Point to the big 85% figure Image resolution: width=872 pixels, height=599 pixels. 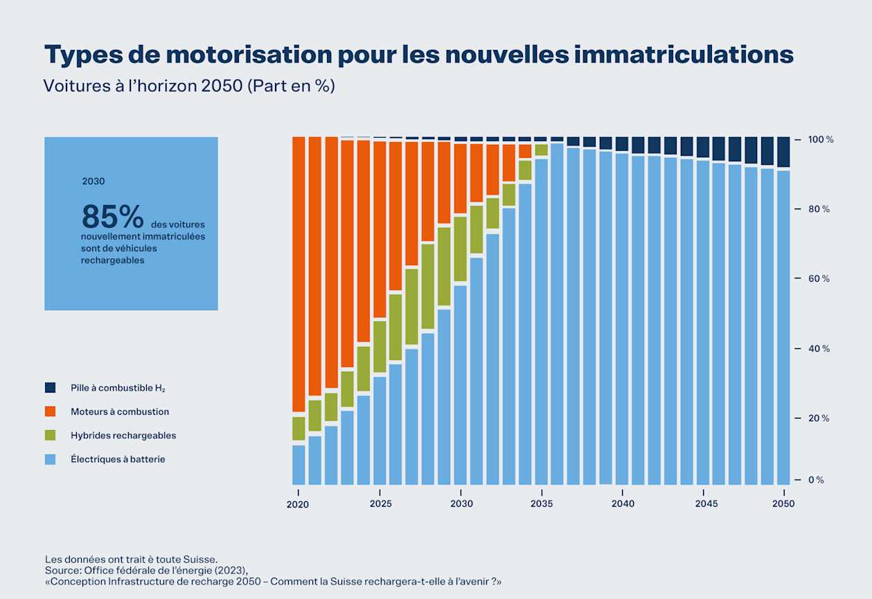112,217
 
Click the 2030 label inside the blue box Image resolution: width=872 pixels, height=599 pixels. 94,181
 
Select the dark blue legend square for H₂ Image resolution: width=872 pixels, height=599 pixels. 50,388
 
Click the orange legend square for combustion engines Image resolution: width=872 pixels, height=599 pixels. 50,411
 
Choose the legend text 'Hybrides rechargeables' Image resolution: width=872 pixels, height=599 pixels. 123,436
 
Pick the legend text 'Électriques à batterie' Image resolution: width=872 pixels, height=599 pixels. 118,459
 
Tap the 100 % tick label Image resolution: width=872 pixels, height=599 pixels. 820,140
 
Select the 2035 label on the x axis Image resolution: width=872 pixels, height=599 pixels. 542,503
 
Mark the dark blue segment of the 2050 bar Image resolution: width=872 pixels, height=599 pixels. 783,152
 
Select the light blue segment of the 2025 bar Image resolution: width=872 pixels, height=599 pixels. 380,429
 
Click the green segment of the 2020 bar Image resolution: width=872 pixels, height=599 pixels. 299,429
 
